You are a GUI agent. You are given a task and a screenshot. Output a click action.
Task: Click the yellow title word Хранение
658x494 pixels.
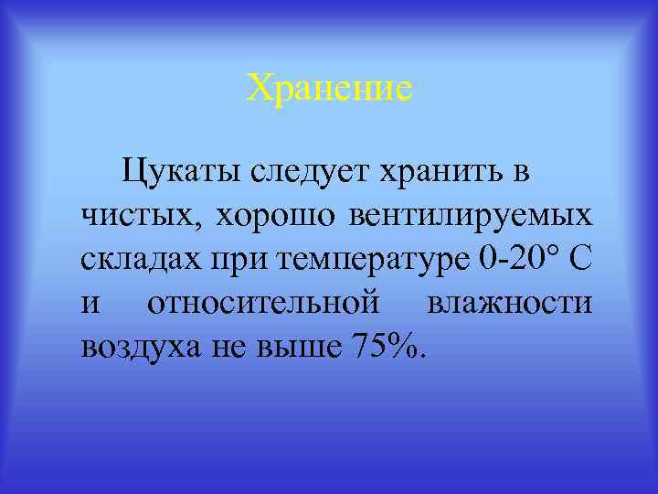(329, 90)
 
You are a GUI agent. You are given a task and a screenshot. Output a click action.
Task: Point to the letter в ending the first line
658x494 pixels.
(522, 171)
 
